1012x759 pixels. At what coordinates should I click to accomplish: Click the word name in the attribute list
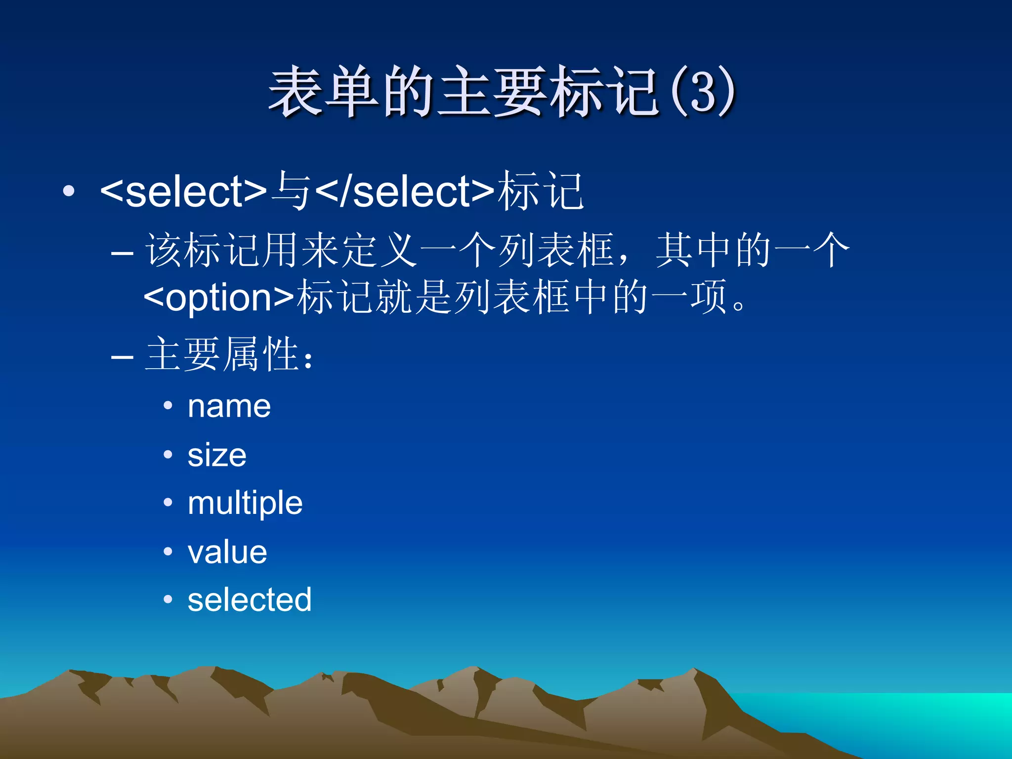click(x=229, y=407)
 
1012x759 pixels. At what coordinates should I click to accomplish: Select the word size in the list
click(x=217, y=455)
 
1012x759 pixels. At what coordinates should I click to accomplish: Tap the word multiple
click(x=245, y=504)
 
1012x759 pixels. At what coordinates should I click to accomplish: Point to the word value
click(x=227, y=552)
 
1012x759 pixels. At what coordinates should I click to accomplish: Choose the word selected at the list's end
click(x=250, y=600)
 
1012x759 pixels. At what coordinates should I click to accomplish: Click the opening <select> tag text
click(x=183, y=192)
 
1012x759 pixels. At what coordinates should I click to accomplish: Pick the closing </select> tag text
click(x=405, y=192)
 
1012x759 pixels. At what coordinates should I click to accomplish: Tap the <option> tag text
click(x=219, y=297)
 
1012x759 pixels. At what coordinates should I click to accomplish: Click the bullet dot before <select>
click(x=69, y=191)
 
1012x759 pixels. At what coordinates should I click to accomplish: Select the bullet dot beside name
click(x=168, y=406)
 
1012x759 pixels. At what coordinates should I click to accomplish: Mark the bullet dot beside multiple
click(x=168, y=503)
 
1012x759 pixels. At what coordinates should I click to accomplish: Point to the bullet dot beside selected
click(x=168, y=599)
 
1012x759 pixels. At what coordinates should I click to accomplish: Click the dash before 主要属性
click(x=122, y=356)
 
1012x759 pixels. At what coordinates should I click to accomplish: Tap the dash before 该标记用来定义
click(x=122, y=253)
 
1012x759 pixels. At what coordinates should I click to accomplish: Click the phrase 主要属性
click(x=222, y=354)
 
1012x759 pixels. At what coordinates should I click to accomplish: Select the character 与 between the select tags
click(x=292, y=191)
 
